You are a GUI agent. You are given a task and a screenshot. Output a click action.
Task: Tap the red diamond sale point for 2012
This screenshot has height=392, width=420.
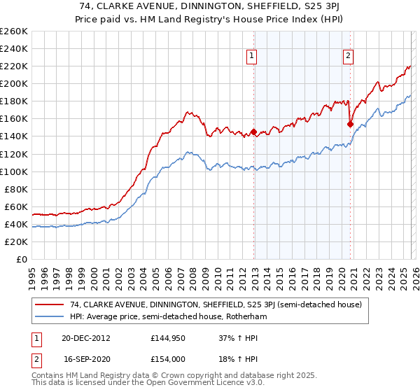tap(254, 132)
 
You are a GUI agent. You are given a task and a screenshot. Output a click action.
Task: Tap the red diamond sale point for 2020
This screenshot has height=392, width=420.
tap(349, 124)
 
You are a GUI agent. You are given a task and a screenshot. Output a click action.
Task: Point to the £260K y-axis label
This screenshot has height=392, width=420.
tap(14, 31)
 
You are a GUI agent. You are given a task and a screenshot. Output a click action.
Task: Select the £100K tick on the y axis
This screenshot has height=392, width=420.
tap(14, 171)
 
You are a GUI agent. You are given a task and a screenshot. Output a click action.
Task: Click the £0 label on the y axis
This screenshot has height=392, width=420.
tap(21, 259)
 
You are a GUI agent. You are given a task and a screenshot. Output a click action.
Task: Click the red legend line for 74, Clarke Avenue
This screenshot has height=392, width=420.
tap(49, 305)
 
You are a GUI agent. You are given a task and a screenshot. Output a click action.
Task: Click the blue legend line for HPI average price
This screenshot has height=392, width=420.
tap(49, 317)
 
